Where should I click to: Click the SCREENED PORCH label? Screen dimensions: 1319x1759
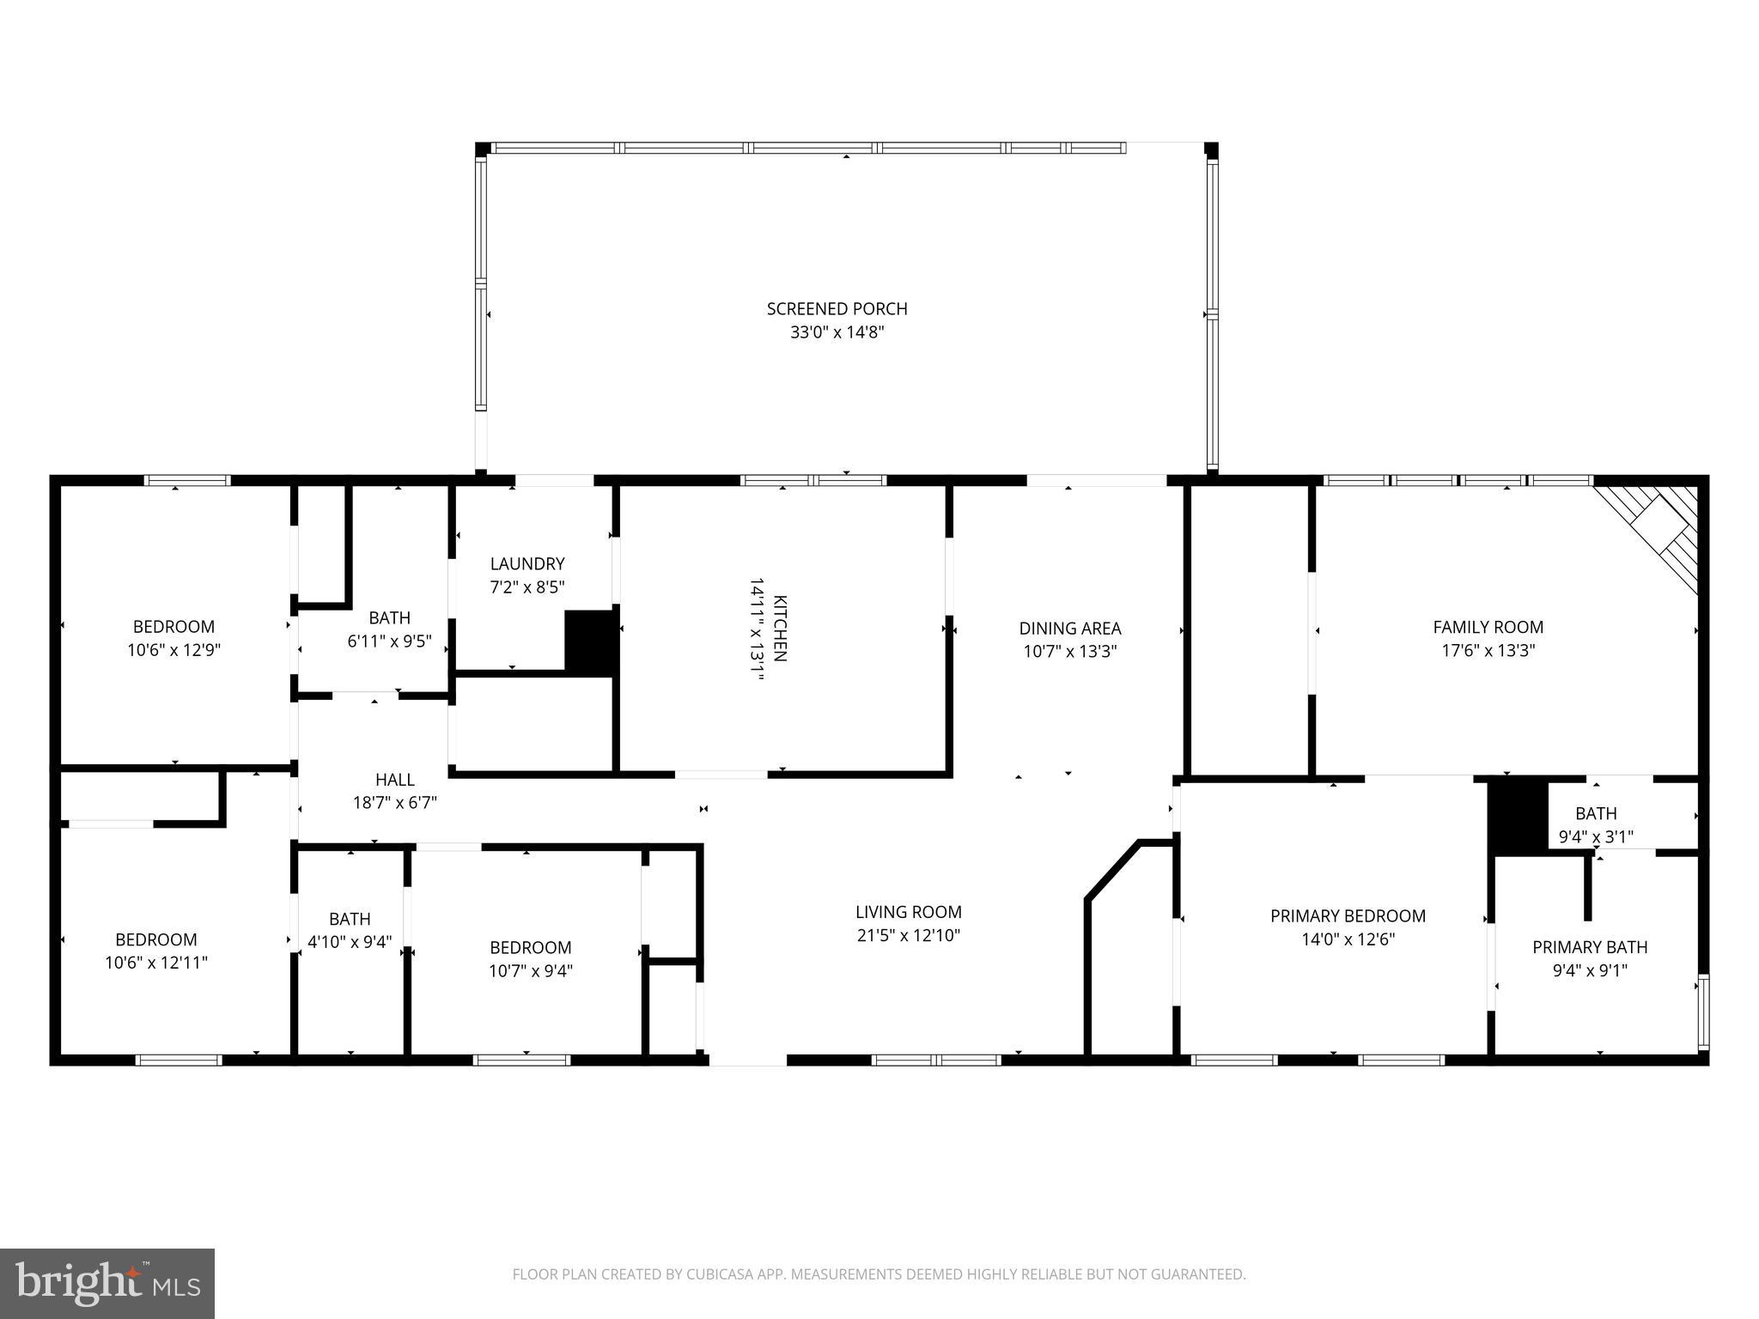tap(837, 309)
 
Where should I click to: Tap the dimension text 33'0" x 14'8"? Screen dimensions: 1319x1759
tap(837, 333)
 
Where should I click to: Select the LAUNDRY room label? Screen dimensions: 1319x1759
tap(527, 564)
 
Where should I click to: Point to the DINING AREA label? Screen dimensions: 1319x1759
tap(1069, 629)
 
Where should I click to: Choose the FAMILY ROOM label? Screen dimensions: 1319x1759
tap(1488, 628)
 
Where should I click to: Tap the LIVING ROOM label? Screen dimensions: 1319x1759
tap(908, 912)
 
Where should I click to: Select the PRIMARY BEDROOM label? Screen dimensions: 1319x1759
tap(1348, 916)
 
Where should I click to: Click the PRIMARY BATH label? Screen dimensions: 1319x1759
tap(1590, 947)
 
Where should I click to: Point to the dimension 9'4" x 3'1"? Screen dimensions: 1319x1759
tap(1596, 836)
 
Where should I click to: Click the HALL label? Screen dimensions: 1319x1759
tap(395, 780)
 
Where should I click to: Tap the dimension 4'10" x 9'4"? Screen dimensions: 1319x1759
tap(350, 942)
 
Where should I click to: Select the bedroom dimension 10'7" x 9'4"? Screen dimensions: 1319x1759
tap(530, 971)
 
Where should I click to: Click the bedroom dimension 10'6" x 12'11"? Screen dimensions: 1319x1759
tap(156, 963)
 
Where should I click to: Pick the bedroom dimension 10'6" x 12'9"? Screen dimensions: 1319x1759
tap(173, 650)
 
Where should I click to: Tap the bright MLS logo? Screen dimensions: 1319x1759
tap(107, 1283)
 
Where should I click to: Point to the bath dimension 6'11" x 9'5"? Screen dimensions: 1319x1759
tap(389, 641)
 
